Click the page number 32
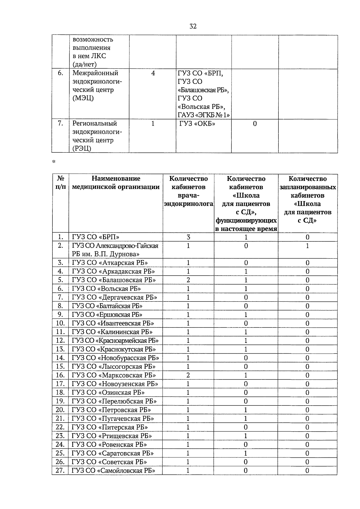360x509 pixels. pos(193,26)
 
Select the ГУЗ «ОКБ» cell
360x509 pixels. pos(197,124)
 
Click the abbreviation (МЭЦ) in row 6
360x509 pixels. pos(83,98)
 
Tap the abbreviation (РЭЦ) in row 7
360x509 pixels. pos(82,148)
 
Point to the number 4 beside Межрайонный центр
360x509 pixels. pos(153,73)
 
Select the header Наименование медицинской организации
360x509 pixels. pos(116,183)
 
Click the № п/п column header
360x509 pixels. pos(60,183)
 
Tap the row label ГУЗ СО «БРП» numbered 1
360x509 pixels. pos(96,237)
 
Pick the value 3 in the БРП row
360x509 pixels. pos(188,237)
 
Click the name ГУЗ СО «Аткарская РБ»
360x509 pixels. pos(110,263)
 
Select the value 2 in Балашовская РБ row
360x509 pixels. pos(188,280)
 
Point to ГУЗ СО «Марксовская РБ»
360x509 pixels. pos(114,375)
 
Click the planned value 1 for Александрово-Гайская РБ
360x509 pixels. pos(307,246)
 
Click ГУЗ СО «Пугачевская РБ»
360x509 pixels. pos(113,418)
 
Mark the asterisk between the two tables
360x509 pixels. pos(54,162)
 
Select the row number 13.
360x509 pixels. pos(60,349)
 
